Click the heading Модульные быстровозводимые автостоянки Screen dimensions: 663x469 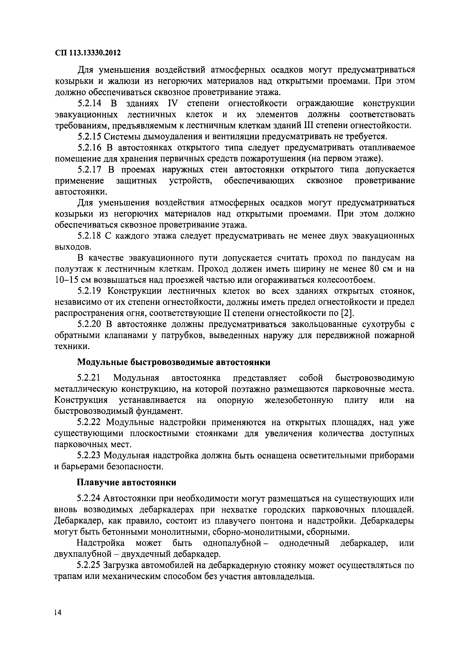pyautogui.click(x=174, y=362)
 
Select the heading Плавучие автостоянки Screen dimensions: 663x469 pyautogui.click(x=127, y=483)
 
